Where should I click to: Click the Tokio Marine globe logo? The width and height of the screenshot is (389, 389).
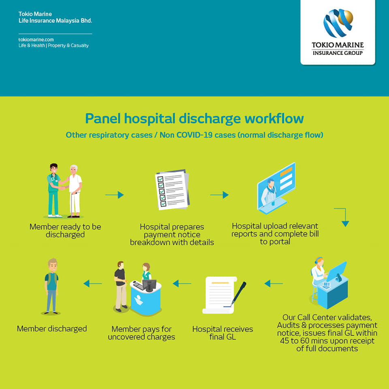pos(338,23)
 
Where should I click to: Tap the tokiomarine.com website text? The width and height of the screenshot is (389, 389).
pos(36,39)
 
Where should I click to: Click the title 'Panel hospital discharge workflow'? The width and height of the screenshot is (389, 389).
pos(194,118)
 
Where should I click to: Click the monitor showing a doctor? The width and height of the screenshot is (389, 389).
pos(276,188)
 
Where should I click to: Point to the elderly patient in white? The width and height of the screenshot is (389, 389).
pos(75,191)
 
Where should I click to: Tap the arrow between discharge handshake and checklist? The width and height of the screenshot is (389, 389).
pos(115,195)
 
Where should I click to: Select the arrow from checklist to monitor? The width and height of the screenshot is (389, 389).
pos(219,195)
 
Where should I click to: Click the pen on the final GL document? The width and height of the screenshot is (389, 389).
pos(238,294)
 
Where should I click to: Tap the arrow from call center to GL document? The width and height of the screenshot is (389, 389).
pos(274,284)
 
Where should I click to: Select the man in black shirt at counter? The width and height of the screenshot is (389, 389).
pos(121,286)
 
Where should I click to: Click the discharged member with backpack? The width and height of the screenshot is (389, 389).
pos(51,286)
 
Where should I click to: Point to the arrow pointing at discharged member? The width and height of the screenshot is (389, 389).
pos(92,284)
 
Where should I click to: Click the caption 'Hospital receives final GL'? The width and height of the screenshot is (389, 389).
pos(222,333)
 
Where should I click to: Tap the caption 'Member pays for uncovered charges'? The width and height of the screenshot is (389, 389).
pos(141,333)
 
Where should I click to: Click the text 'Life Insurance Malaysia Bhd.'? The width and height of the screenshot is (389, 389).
pos(55,21)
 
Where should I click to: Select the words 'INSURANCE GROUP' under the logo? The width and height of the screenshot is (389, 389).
pos(338,53)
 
